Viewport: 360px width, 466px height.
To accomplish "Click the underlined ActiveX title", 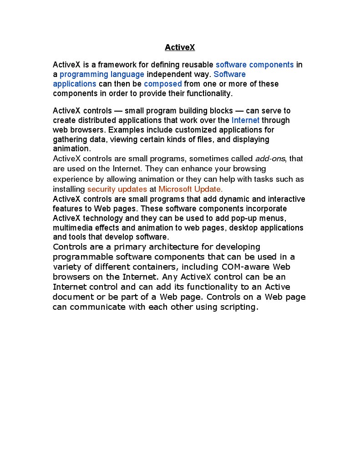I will coord(180,47).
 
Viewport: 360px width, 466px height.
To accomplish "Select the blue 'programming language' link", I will coord(102,74).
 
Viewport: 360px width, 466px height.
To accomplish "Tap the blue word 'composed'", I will coord(162,84).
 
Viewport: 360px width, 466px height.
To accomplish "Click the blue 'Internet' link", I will coord(245,120).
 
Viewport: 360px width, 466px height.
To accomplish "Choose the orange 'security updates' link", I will coord(117,189).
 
